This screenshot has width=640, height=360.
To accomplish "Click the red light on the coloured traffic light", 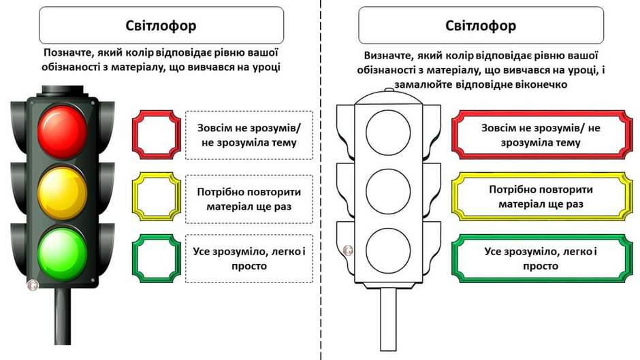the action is coord(63,131).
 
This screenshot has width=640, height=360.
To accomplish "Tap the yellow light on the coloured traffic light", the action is coord(63,193).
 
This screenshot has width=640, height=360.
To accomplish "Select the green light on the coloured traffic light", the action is coord(63,255).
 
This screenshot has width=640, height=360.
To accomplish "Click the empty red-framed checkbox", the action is coord(134,135).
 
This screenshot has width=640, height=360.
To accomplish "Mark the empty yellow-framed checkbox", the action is coord(134,196).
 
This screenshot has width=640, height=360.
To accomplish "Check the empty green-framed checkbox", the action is coord(134,259).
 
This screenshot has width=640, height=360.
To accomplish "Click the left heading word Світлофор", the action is coord(161,26).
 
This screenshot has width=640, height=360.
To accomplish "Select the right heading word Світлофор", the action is coord(481,26).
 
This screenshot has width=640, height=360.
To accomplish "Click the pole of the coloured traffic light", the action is coord(63,316).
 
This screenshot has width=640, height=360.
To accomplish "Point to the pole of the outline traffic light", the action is coord(388,319).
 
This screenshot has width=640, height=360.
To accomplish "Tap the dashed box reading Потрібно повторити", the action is coord(249,199).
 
